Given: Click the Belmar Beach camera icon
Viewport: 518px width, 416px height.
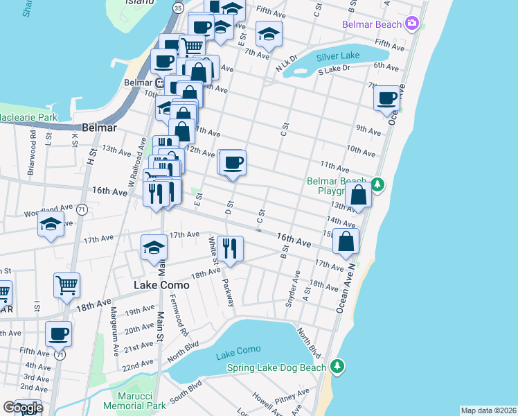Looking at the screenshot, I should (413, 24).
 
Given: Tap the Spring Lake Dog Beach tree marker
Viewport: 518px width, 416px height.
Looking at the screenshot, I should (337, 365).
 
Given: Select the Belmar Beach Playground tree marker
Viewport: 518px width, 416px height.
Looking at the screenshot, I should (377, 184).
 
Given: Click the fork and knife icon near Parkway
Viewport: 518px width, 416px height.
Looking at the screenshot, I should (230, 248).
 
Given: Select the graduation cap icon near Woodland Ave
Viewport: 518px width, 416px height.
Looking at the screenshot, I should (51, 225).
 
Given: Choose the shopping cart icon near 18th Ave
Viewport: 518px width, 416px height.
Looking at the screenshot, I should (66, 285).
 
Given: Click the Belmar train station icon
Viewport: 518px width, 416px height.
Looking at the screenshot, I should (159, 83).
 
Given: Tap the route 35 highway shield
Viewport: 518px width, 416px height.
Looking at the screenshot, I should (179, 8).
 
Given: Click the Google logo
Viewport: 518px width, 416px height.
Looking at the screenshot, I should (22, 408).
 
